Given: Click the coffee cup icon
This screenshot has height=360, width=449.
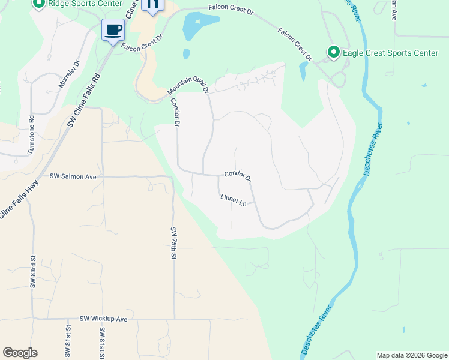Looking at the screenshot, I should [113, 29].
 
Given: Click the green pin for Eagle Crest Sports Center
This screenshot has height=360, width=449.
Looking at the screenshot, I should [333, 53].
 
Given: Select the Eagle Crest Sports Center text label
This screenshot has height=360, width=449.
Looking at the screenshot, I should [390, 53].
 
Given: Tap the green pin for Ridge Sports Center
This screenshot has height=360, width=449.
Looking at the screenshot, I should [39, 4].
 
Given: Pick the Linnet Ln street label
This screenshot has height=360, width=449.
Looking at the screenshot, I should [234, 200].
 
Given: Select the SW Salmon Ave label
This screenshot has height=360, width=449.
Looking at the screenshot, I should [73, 176].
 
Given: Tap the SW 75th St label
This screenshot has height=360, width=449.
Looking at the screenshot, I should [173, 243].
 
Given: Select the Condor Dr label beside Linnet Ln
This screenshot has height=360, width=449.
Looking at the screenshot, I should [237, 176].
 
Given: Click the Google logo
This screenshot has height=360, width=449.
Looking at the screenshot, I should [20, 353].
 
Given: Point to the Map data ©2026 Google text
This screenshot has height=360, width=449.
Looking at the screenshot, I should [411, 355].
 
